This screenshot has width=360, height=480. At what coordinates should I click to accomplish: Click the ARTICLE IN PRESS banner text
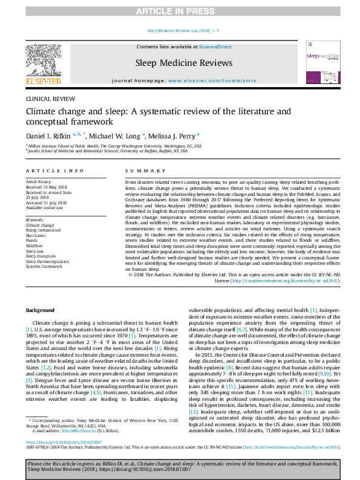coord(180,11)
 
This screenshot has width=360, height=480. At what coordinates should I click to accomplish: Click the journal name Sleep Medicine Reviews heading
coord(179,62)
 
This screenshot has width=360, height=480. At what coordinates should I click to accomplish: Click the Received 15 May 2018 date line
coord(44,186)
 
